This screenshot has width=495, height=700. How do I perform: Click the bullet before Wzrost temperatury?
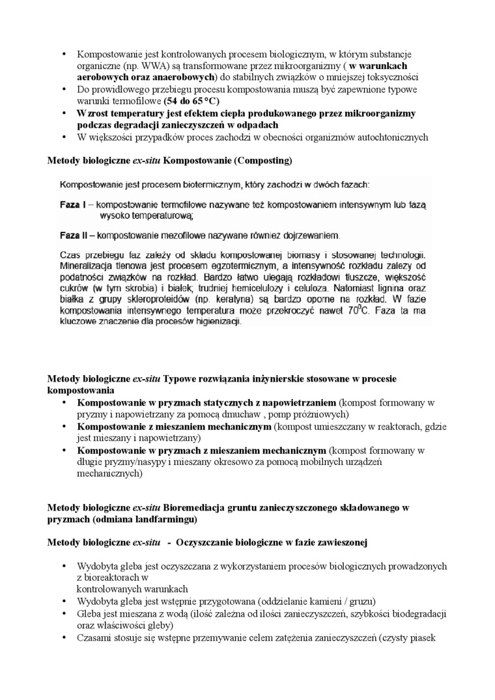click(x=64, y=113)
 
